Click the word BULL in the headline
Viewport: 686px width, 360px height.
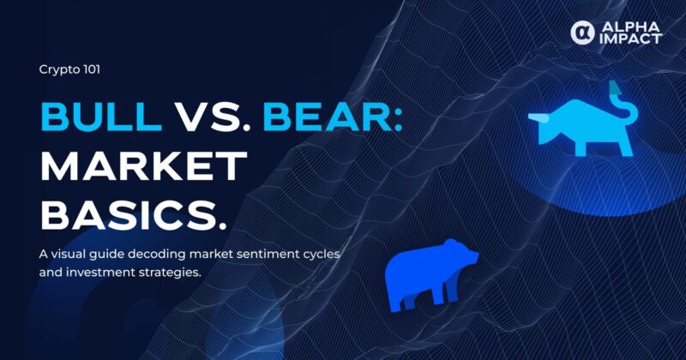pyautogui.click(x=101, y=117)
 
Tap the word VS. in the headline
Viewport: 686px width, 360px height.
pyautogui.click(x=214, y=117)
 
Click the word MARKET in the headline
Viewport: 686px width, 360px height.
pyautogui.click(x=143, y=166)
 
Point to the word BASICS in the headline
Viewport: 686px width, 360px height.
pyautogui.click(x=129, y=216)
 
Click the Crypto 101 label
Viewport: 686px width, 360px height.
pyautogui.click(x=69, y=69)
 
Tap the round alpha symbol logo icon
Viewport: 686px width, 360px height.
pyautogui.click(x=583, y=33)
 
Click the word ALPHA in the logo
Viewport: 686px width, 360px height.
pyautogui.click(x=630, y=27)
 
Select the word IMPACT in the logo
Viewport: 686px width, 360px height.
pyautogui.click(x=630, y=39)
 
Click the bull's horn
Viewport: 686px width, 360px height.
pyautogui.click(x=538, y=117)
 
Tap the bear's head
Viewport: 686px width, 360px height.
pyautogui.click(x=460, y=254)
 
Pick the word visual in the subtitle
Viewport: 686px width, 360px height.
pyautogui.click(x=68, y=255)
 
